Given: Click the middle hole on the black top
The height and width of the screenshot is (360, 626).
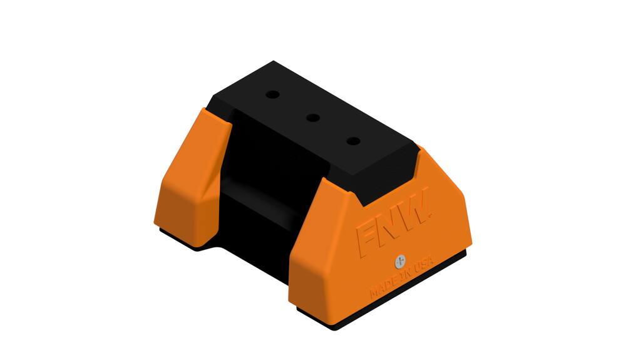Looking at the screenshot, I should pos(313,117).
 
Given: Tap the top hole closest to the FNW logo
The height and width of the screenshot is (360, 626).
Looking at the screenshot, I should pos(354,141).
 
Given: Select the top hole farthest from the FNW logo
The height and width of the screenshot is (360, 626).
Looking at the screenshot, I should pos(272,95).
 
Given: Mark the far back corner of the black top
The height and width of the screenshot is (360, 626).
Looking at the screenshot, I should pos(274,62).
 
